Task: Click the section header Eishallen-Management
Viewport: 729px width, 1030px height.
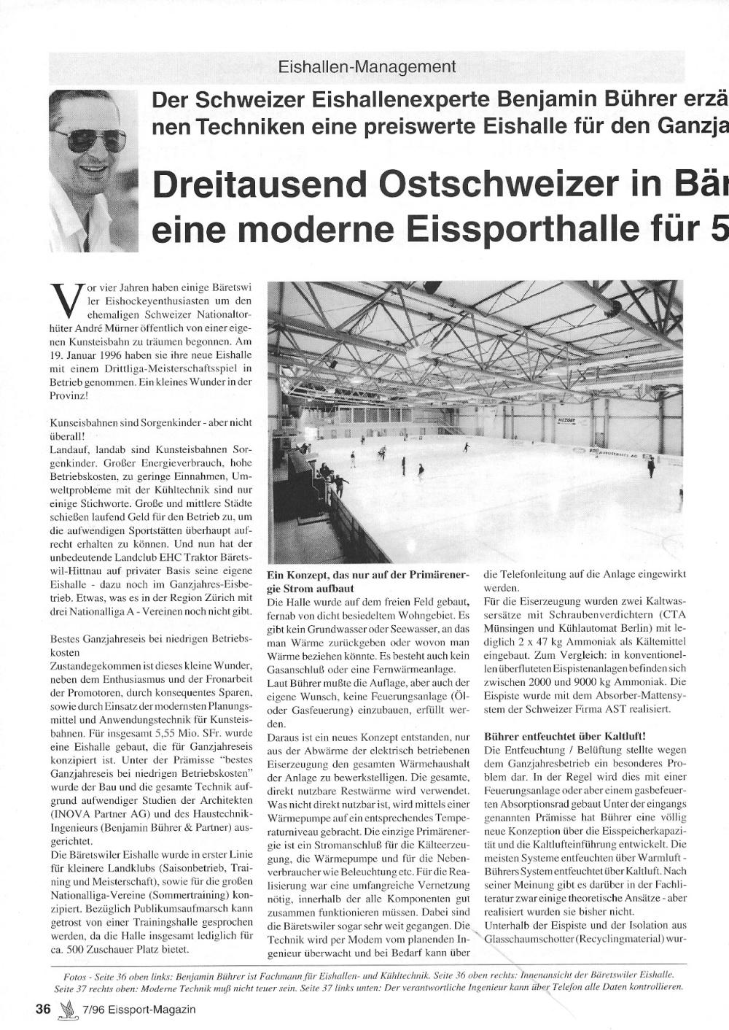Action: (x=367, y=67)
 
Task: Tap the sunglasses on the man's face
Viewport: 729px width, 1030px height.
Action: (x=88, y=139)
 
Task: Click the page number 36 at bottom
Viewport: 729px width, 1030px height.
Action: (x=43, y=1010)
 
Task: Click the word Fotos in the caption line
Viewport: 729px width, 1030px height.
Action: (x=67, y=975)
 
